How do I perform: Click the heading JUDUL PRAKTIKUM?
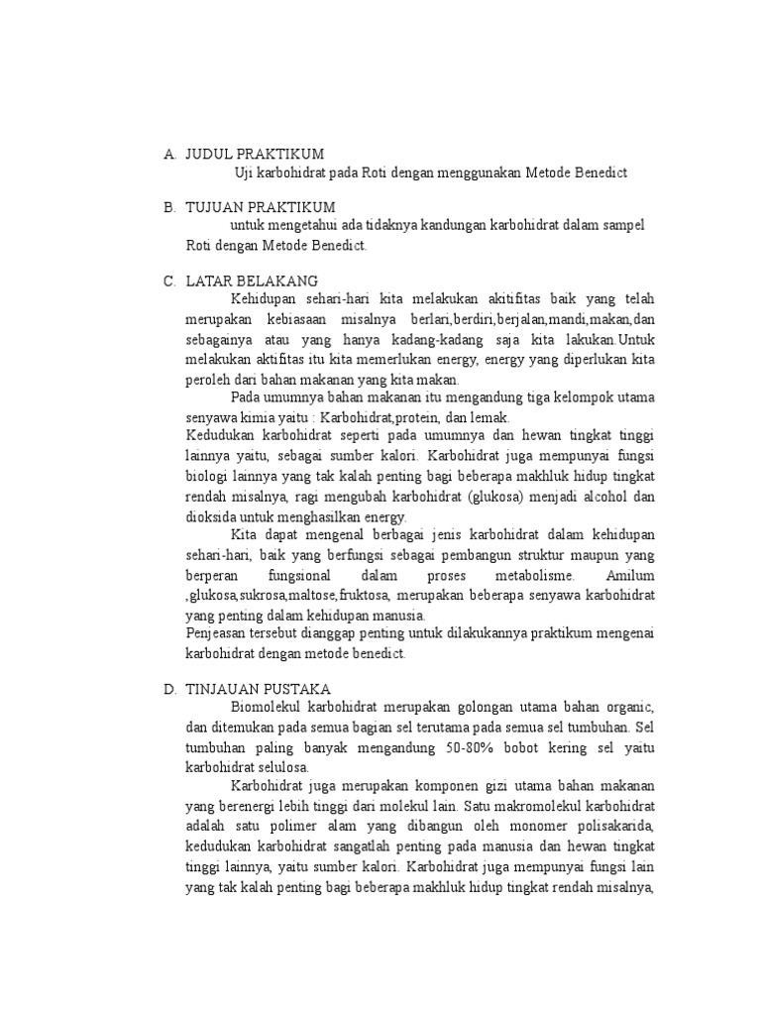coord(255,154)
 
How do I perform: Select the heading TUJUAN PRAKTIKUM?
coord(261,207)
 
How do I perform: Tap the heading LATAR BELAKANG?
coord(252,281)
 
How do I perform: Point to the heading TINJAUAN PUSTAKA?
coord(259,688)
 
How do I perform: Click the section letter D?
coord(169,688)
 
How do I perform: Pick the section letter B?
coord(169,207)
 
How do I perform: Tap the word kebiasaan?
coord(301,319)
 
